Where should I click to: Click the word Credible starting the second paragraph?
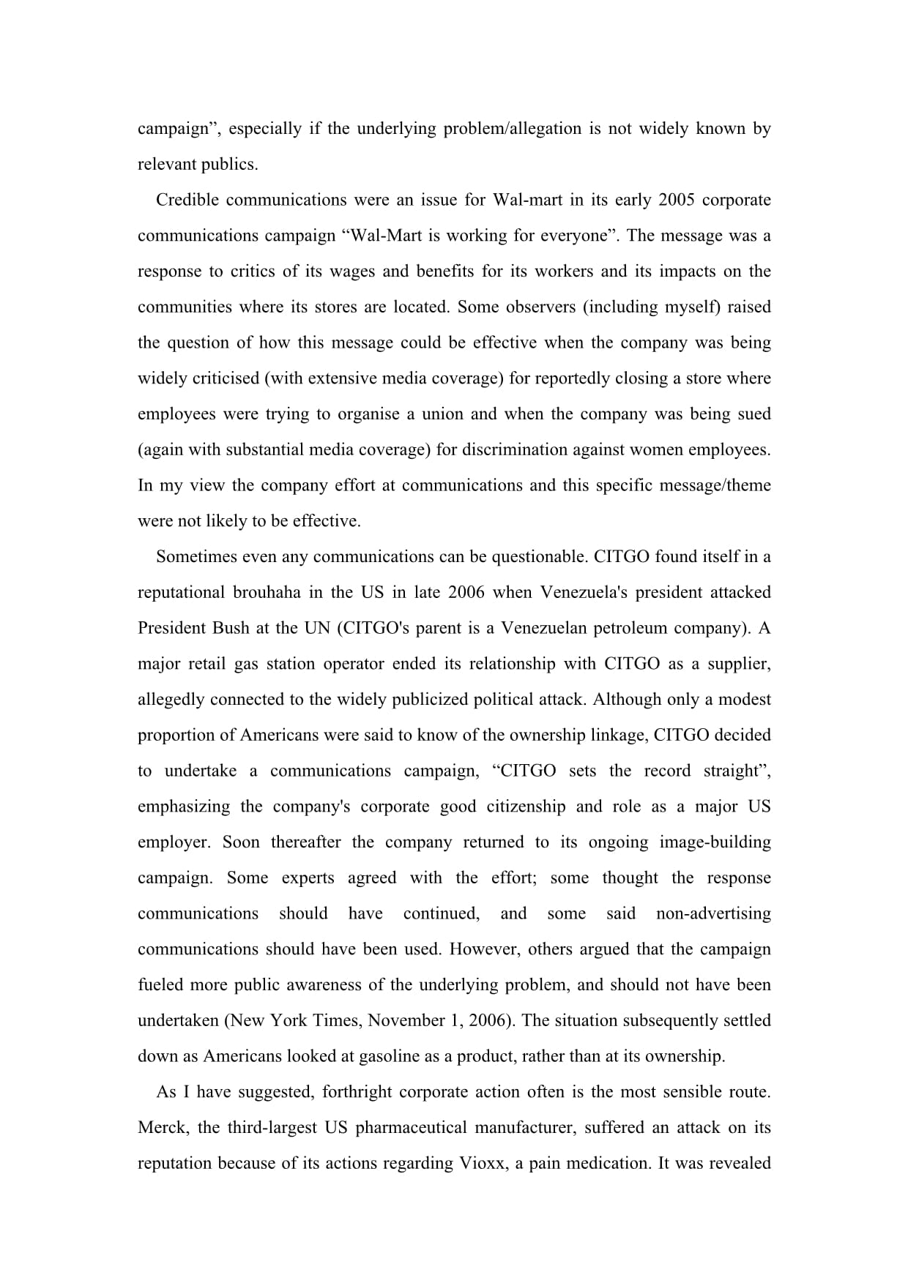187,201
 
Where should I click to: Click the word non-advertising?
713,914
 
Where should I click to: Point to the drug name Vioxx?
482,1164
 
